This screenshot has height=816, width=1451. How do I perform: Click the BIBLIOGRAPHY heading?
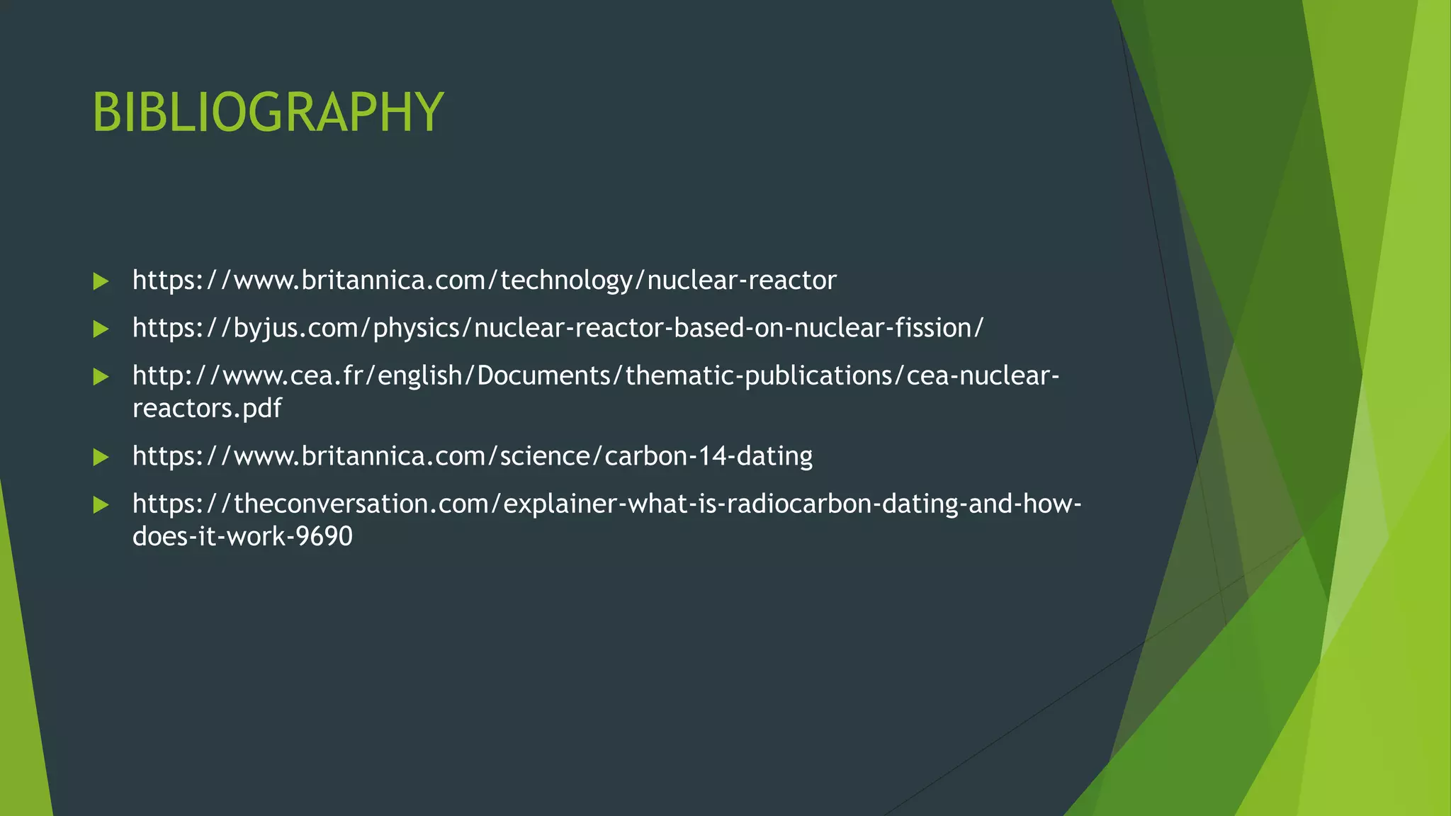click(x=268, y=112)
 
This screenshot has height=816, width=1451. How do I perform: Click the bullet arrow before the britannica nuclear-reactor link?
click(x=101, y=282)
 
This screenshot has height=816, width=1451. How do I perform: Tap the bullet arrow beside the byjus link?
click(x=101, y=329)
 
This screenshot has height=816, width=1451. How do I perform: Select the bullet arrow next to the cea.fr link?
click(x=101, y=377)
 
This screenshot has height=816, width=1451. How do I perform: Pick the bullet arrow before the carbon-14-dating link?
click(x=101, y=457)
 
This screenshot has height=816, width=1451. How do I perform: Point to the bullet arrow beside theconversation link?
click(x=101, y=505)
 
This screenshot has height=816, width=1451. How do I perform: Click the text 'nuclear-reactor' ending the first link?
click(x=742, y=280)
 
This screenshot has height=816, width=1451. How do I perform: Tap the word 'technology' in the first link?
click(x=566, y=280)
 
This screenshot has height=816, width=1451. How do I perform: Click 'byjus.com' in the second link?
click(x=296, y=328)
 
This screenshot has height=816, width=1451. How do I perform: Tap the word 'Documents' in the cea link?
click(x=545, y=375)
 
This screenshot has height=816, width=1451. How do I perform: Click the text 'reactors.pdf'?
click(x=207, y=408)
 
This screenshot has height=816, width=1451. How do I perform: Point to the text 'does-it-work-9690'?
click(x=242, y=536)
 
